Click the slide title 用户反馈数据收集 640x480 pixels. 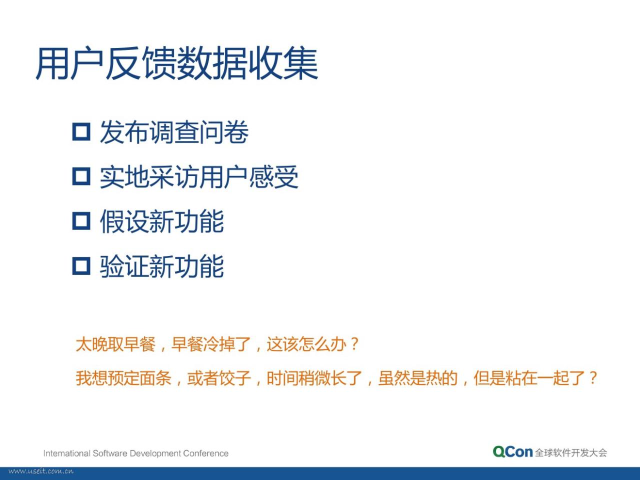coord(176,63)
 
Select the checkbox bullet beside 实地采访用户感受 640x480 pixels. coord(81,176)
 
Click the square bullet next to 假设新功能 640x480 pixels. coord(81,221)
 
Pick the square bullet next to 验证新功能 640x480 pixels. coord(81,266)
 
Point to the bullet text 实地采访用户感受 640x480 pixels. coord(199,176)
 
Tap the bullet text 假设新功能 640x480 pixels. coord(162,221)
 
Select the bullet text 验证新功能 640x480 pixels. coord(162,266)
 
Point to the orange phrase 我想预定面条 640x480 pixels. coord(123,378)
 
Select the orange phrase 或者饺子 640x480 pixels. coord(218,378)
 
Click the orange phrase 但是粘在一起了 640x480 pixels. coord(529,378)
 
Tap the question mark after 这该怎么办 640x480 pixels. coord(354,344)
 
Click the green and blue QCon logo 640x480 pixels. coord(512,452)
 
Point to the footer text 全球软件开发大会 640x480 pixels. coord(571,452)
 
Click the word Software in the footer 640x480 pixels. coord(110,453)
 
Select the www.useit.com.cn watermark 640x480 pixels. coord(41,471)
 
